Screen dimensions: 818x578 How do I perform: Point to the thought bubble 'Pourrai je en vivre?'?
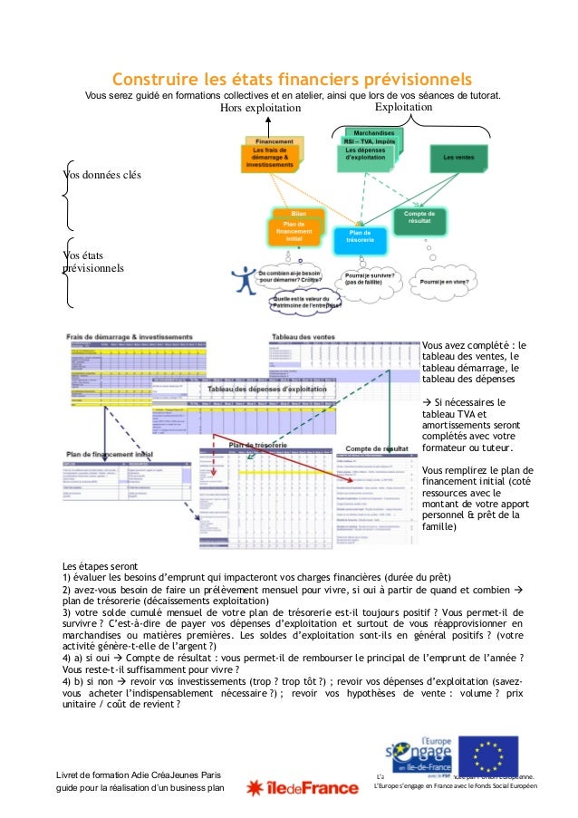[444, 282]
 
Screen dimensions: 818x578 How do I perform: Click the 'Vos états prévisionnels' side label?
[91, 262]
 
